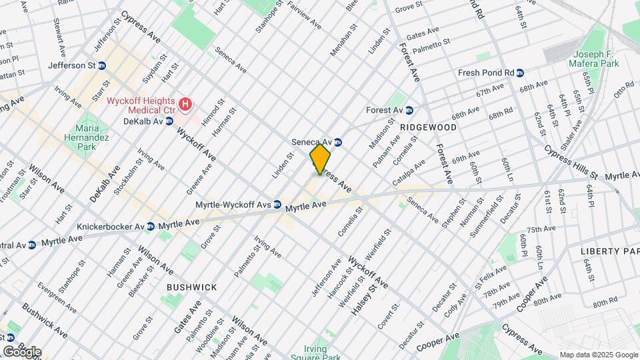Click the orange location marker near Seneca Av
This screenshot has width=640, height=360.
[x=320, y=159]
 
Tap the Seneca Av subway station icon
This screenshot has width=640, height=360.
[x=338, y=142]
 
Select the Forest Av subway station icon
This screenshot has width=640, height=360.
[x=410, y=110]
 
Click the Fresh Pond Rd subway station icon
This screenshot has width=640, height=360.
[x=519, y=73]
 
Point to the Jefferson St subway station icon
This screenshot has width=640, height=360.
[x=102, y=65]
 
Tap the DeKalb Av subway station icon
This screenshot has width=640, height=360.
[x=169, y=121]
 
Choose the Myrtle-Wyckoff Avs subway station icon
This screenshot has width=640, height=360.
[x=277, y=205]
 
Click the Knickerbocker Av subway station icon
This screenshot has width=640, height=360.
[x=151, y=226]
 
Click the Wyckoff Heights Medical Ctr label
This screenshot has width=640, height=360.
[x=141, y=105]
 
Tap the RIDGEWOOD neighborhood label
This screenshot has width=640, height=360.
[x=428, y=127]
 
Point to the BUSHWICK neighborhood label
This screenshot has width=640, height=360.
[x=192, y=287]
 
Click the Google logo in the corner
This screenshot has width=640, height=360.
[x=21, y=351]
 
